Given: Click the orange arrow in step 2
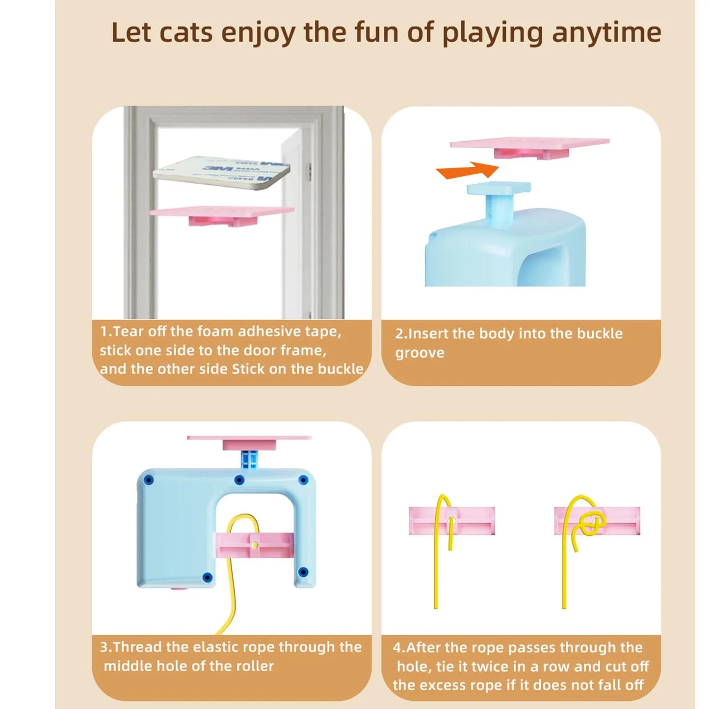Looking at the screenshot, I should (467, 170).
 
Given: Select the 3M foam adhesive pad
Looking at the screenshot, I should (222, 172).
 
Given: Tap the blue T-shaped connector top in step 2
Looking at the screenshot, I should (499, 188).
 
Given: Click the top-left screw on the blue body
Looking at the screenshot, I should (149, 480).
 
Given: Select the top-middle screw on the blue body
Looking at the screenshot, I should (239, 480).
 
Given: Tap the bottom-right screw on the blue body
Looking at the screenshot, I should (303, 572).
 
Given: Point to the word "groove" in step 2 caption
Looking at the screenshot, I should (420, 353).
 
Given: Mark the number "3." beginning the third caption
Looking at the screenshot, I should (106, 647).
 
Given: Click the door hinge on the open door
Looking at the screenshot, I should (309, 171).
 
